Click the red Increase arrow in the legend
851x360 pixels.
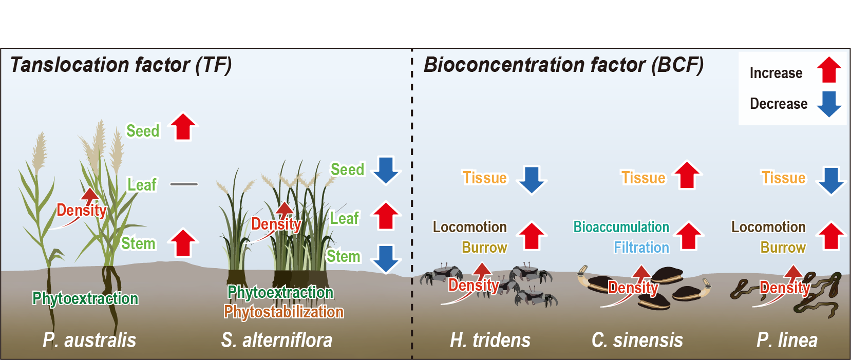point(828,70)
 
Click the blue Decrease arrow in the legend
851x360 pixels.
point(828,104)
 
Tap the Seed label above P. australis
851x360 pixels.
point(143,131)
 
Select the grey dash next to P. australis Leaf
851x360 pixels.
point(184,184)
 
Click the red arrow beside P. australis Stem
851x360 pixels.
point(183,242)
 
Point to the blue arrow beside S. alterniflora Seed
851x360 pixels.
point(386,170)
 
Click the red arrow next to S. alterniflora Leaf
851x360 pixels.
point(386,216)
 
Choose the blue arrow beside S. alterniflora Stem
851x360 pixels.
point(386,258)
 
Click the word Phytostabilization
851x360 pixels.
point(283,312)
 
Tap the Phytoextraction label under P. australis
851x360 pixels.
point(85,298)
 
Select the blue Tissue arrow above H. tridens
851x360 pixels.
point(532,180)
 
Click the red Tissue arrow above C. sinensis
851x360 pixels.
point(687,175)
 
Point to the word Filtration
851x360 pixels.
point(641,248)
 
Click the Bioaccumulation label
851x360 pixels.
point(621,226)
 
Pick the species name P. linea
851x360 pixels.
point(787,340)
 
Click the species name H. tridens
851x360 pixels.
point(490,340)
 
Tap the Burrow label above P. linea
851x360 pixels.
point(783,248)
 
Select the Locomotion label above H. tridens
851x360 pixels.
point(470,226)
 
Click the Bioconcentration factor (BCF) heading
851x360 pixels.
point(563,65)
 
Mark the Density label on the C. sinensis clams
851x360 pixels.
point(633,288)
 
